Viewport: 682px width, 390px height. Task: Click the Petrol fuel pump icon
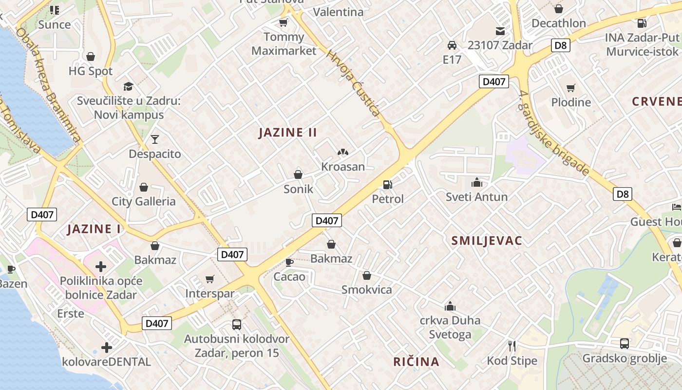coord(388,185)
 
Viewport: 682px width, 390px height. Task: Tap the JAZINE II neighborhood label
coord(288,132)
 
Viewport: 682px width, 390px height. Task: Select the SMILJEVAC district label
coord(487,240)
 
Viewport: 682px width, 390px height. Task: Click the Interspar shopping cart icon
coord(210,279)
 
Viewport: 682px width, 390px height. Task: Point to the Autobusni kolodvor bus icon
coord(237,324)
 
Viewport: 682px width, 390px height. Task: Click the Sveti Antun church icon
coord(476,183)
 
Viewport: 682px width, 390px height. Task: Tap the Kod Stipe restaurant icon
coord(512,346)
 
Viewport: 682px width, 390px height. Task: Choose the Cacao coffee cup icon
coord(289,262)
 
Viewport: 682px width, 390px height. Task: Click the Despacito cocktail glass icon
coord(155,139)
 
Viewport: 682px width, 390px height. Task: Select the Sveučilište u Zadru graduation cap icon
coord(128,86)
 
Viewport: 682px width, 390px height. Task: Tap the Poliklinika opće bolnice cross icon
coord(101,267)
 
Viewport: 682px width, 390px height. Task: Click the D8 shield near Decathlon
coord(561,45)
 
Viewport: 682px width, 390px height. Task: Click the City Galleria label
coord(144,201)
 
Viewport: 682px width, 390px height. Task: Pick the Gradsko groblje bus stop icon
coord(625,344)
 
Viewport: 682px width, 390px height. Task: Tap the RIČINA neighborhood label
coord(417,362)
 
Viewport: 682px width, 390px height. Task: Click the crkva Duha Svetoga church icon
coord(450,306)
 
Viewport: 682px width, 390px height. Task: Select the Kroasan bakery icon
coord(343,153)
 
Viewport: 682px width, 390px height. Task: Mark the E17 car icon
coord(452,45)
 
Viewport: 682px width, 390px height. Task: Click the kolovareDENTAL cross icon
coord(107,348)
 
